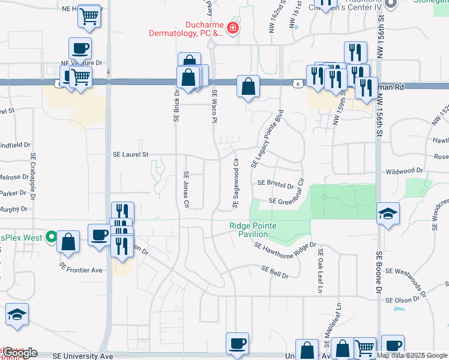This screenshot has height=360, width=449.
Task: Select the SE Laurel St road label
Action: (x=130, y=154)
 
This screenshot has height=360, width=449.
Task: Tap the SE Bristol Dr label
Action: (x=275, y=183)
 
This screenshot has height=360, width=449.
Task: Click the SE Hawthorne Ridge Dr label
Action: (x=285, y=246)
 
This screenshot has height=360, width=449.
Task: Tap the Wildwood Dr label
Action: (x=405, y=171)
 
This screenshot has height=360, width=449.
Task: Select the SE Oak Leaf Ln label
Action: (x=321, y=271)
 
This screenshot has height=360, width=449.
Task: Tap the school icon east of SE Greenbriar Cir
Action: (x=388, y=214)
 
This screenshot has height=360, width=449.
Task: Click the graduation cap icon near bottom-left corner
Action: (x=17, y=314)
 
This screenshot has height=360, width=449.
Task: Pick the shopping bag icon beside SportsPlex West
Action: (x=68, y=243)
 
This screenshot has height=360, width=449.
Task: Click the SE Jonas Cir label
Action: (x=186, y=190)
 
